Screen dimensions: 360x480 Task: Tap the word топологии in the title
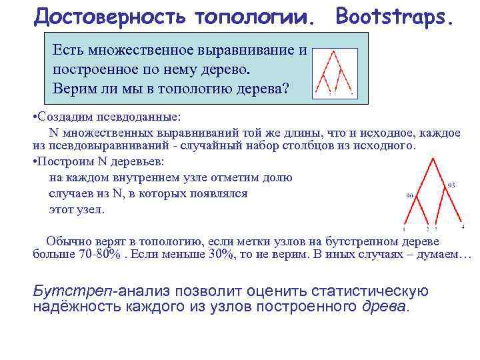click(x=254, y=16)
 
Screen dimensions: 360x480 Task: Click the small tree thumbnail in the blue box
click(x=335, y=73)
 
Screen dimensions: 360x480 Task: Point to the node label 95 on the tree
click(x=451, y=184)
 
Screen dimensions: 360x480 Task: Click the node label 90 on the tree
click(x=409, y=195)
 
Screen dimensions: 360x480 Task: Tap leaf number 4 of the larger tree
click(x=462, y=227)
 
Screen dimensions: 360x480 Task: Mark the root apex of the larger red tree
click(x=434, y=159)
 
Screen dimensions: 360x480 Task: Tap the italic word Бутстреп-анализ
click(x=94, y=291)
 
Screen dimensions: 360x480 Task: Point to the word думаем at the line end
click(x=443, y=255)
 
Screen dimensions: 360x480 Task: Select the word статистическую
click(x=371, y=291)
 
